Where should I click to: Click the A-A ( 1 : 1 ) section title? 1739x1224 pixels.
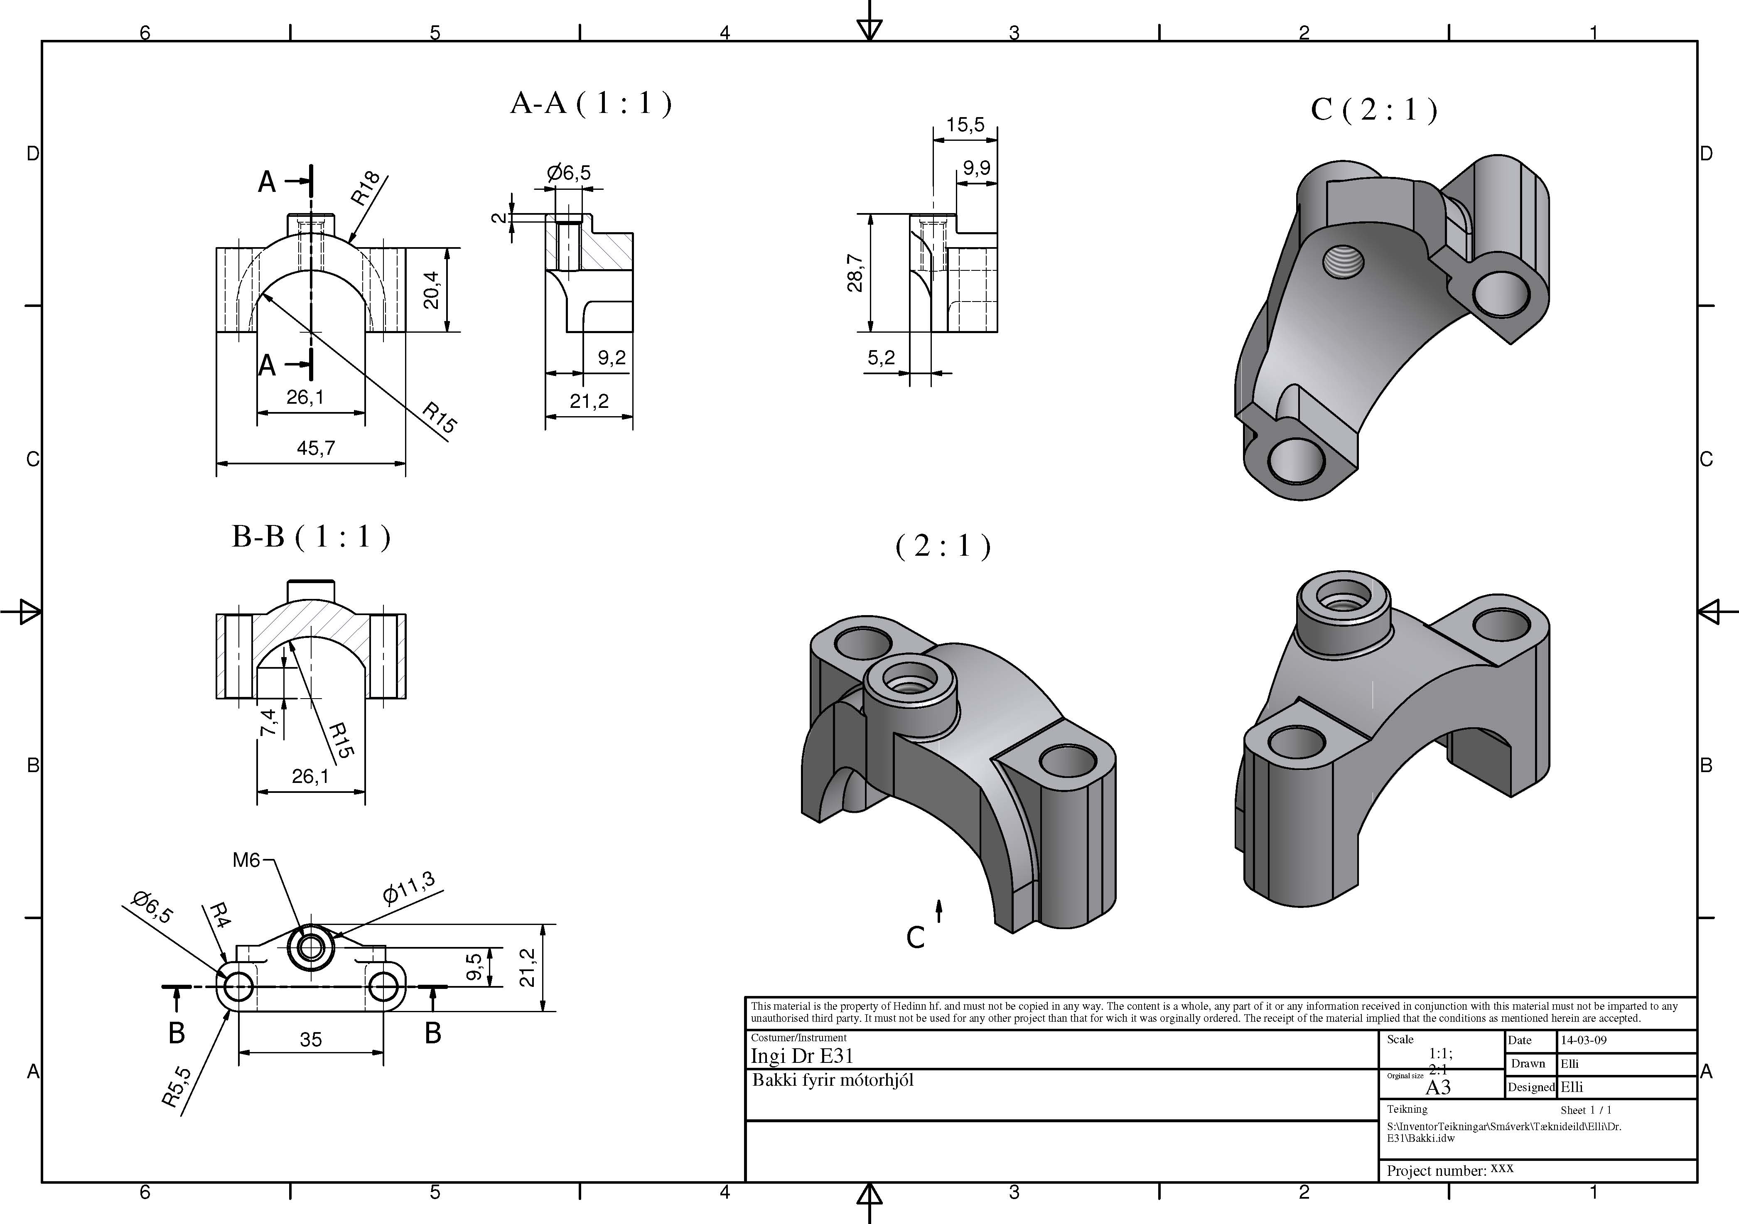591,103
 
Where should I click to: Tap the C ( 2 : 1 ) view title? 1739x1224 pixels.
1373,110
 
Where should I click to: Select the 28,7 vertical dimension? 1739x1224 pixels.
855,273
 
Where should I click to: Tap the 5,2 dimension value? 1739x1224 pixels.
881,358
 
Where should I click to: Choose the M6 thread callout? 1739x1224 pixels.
246,860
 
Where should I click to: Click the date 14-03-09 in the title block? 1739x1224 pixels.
1583,1040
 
